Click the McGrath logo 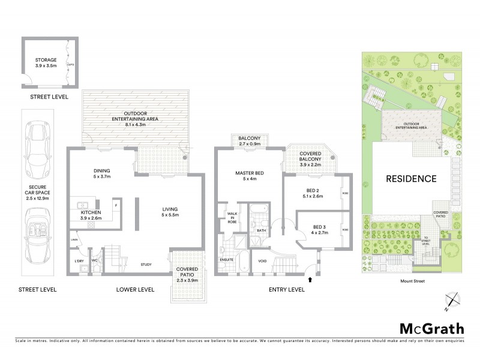coord(431,328)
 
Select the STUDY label coord(145,264)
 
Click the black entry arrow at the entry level coord(310,279)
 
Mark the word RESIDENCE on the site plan coord(410,179)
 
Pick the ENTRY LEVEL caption coord(286,290)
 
